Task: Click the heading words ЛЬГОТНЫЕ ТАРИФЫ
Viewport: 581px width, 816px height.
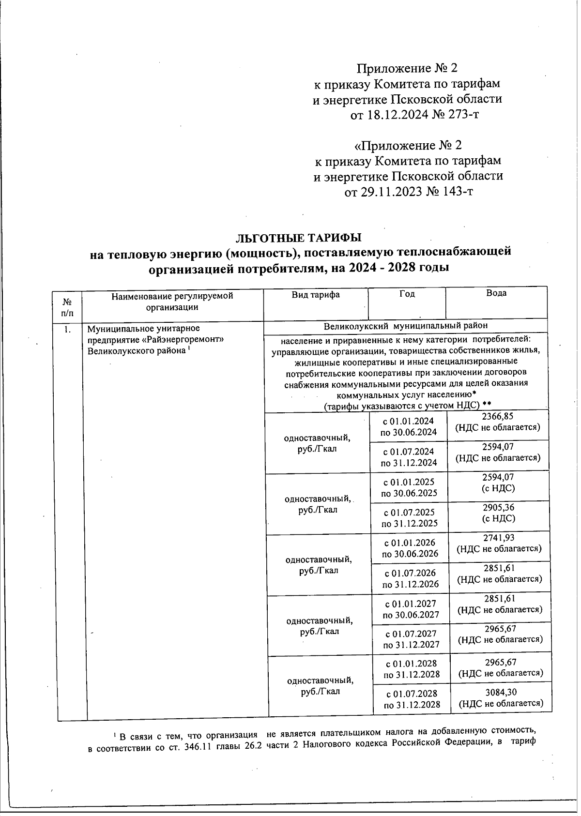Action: tap(298, 238)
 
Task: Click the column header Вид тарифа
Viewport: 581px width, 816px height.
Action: tap(315, 294)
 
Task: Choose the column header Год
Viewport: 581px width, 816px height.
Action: tap(407, 294)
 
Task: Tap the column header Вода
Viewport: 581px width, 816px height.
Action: tap(496, 293)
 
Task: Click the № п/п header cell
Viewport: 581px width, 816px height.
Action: tap(67, 307)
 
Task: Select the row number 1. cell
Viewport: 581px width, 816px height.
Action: tap(67, 330)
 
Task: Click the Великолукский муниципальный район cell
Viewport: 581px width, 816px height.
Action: tap(405, 326)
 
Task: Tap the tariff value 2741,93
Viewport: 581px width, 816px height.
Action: tap(499, 538)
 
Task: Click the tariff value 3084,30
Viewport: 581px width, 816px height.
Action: tap(501, 693)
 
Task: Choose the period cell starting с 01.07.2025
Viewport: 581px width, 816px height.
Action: tap(409, 517)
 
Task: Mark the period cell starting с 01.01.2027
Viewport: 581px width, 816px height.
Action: tap(411, 609)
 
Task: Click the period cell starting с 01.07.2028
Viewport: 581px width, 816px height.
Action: tap(412, 699)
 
